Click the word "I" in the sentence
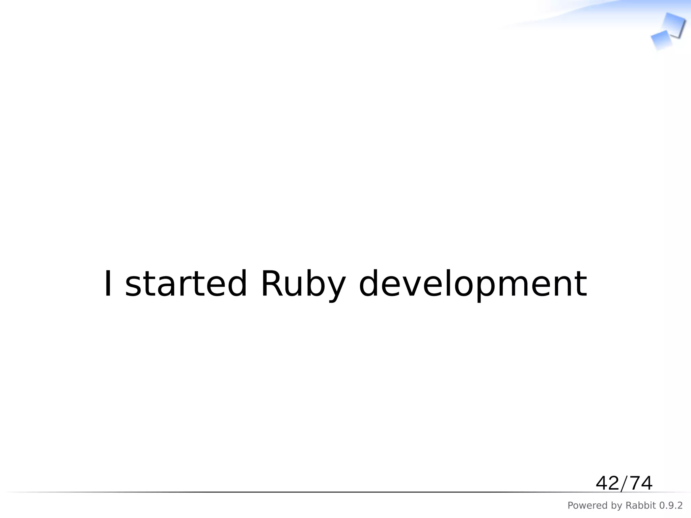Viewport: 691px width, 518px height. [108, 284]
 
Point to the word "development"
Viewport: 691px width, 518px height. [473, 285]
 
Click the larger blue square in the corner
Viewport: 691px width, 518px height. [674, 24]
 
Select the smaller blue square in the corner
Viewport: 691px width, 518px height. [661, 40]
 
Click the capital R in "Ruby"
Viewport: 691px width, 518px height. [272, 284]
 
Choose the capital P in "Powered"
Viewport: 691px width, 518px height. [571, 506]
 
